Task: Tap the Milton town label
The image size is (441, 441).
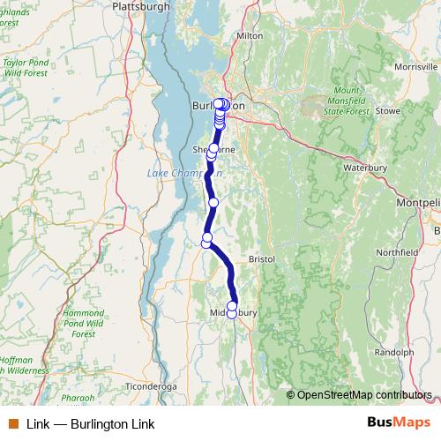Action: point(250,36)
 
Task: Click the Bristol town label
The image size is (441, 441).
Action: point(262,259)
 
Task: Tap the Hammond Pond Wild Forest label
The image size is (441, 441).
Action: point(84,324)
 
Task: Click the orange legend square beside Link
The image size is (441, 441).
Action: point(12,424)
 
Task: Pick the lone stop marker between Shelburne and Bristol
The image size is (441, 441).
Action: point(213,203)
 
